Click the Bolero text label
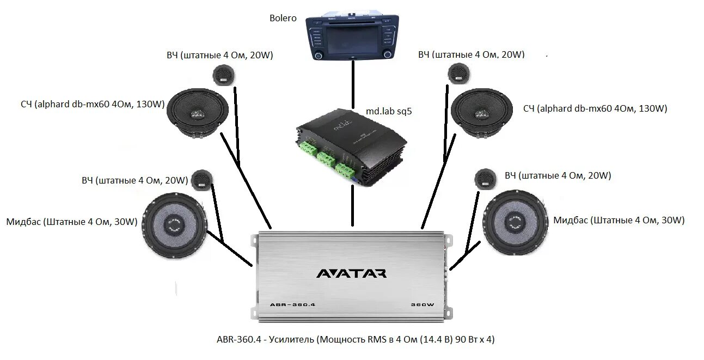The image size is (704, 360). [x=283, y=18]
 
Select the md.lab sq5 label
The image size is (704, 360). [x=389, y=111]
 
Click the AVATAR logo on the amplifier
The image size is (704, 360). [x=351, y=273]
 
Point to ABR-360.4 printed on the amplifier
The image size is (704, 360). [x=292, y=304]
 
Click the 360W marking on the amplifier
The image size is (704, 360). [x=422, y=304]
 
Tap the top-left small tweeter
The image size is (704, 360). [x=223, y=74]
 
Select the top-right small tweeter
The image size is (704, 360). [x=458, y=74]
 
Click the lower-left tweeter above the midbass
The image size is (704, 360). [x=201, y=179]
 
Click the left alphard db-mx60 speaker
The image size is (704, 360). [x=197, y=113]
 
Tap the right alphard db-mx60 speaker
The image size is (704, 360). [x=482, y=113]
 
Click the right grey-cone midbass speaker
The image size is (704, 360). [x=515, y=222]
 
